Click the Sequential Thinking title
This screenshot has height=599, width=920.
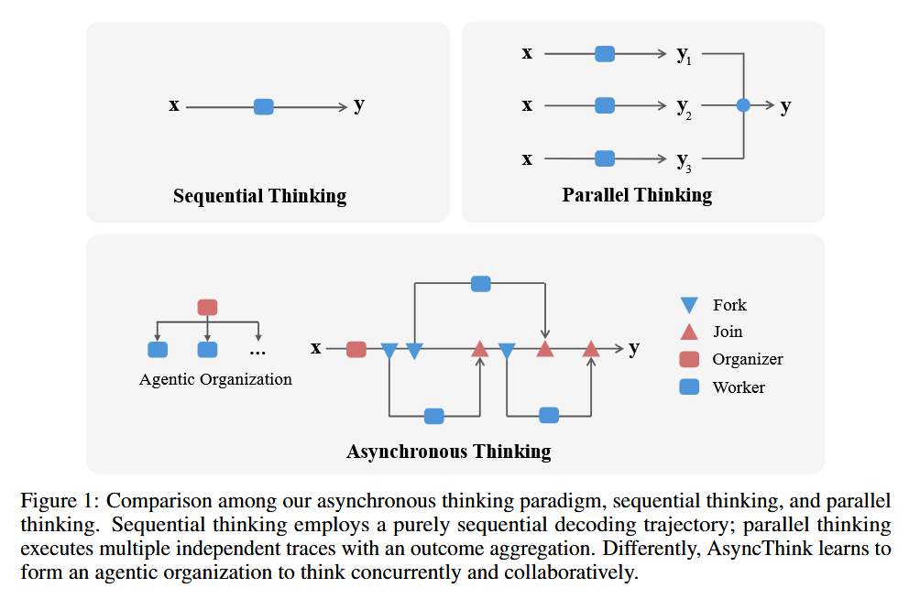coord(259,196)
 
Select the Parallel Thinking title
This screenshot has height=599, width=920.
coord(637,194)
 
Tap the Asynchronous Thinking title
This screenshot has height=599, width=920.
coord(448,451)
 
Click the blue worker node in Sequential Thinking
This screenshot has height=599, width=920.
coord(264,106)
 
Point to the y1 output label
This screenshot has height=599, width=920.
coord(684,55)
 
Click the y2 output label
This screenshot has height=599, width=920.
coord(684,107)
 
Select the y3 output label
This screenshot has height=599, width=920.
coord(684,161)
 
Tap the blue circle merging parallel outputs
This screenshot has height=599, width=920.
coord(743,106)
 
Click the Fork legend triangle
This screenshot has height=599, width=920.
coord(689,305)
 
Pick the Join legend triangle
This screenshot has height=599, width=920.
coord(689,332)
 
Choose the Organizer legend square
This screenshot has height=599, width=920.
coord(689,359)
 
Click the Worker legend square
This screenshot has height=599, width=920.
coord(689,387)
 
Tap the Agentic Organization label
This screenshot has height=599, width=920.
coord(215,379)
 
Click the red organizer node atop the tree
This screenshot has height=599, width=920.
coord(208,307)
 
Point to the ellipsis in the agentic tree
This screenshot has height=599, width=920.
coord(257,351)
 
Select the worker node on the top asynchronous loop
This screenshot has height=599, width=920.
coord(480,284)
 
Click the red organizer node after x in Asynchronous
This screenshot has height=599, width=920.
coord(356,349)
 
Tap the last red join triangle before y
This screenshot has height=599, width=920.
coord(591,348)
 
